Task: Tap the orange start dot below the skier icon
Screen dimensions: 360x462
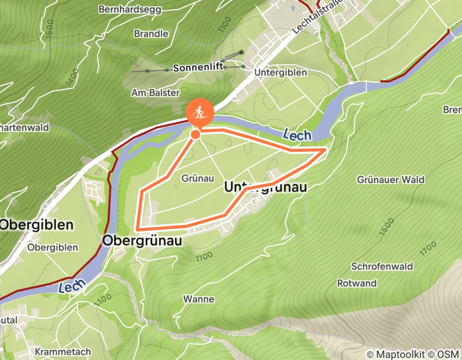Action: (196, 134)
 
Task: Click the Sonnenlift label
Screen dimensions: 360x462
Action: (198, 68)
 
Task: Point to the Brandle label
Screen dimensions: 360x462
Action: (151, 34)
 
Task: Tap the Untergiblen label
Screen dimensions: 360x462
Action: (280, 73)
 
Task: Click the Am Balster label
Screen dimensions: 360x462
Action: (155, 93)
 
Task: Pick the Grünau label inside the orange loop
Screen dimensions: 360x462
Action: (198, 178)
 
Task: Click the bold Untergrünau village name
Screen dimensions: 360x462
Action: (265, 188)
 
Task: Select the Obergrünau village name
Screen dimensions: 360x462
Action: (143, 240)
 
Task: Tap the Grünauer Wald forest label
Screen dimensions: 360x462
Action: (390, 179)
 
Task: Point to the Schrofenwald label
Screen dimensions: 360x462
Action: (382, 267)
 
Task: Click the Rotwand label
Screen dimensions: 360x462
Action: (357, 283)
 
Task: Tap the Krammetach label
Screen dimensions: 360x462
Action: (56, 352)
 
